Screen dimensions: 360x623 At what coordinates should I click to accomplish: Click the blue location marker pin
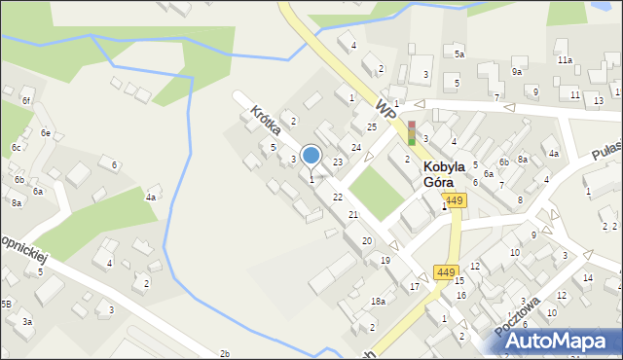pyautogui.click(x=311, y=156)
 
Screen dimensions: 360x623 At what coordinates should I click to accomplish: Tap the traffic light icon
pyautogui.click(x=412, y=133)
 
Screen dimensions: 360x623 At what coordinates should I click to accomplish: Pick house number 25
pyautogui.click(x=371, y=127)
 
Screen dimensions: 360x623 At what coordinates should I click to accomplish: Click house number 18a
pyautogui.click(x=378, y=302)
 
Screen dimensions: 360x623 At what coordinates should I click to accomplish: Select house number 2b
pyautogui.click(x=225, y=352)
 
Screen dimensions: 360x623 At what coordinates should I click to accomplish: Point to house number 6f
pyautogui.click(x=27, y=101)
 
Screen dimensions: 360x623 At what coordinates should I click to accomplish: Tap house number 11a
pyautogui.click(x=565, y=60)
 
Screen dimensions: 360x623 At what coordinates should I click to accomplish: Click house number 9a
pyautogui.click(x=517, y=72)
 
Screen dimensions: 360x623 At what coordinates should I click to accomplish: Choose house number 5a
pyautogui.click(x=458, y=55)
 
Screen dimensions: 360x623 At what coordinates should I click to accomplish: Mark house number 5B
pyautogui.click(x=6, y=305)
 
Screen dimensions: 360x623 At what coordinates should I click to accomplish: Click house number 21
pyautogui.click(x=353, y=214)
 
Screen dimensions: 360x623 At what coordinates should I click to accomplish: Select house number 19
pyautogui.click(x=385, y=260)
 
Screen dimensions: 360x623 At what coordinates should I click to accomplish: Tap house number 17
pyautogui.click(x=414, y=286)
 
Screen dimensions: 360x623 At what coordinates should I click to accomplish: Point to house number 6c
pyautogui.click(x=16, y=148)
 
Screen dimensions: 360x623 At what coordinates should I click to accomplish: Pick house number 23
pyautogui.click(x=337, y=162)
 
